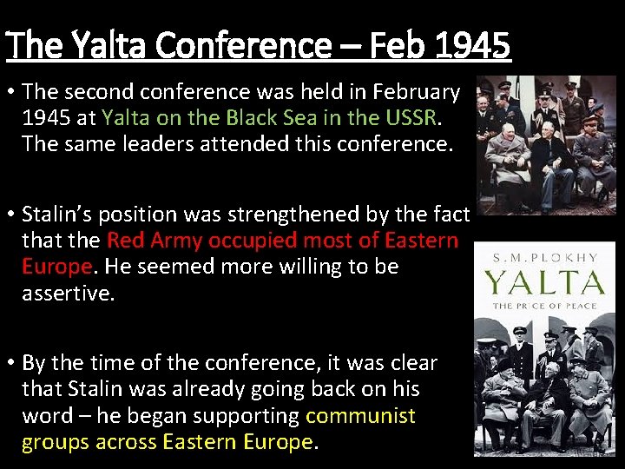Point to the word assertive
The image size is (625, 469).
[67, 293]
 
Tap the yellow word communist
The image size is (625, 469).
[360, 416]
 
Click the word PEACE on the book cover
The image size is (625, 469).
[576, 306]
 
